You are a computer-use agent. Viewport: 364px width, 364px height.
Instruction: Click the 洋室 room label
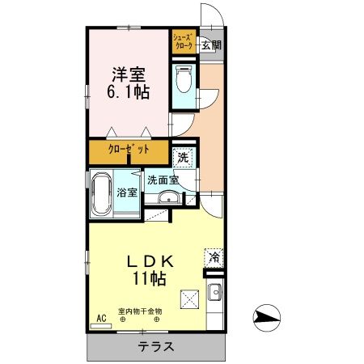tap(129, 72)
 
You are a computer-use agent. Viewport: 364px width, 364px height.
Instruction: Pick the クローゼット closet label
tap(129, 150)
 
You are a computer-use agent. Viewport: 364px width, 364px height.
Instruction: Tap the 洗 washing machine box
tap(183, 158)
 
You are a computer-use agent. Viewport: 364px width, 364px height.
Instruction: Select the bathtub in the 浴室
tap(102, 195)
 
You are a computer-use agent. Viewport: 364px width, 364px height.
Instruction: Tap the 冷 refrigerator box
tap(214, 257)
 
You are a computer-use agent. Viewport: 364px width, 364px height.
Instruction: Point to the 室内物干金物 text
tap(140, 310)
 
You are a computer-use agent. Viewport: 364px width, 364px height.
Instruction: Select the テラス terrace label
tap(155, 345)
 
